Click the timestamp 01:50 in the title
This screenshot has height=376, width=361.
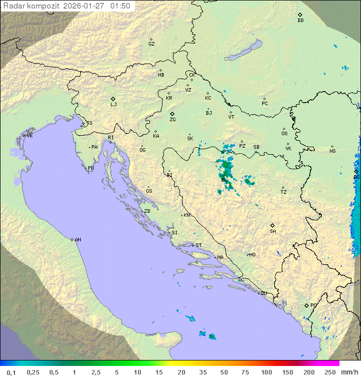coord(120,6)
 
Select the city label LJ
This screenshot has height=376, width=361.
coord(113,105)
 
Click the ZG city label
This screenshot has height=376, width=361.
coord(172,120)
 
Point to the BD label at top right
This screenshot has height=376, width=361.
coord(300,21)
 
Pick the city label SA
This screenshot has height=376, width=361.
coord(273,231)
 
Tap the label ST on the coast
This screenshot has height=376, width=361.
coord(199,245)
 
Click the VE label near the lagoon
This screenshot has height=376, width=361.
coord(30,136)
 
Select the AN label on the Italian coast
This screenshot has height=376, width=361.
coord(78,240)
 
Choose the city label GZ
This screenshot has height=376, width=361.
coord(151,44)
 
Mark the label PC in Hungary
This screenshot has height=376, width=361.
coord(265,104)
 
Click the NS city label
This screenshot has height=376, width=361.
coord(332,151)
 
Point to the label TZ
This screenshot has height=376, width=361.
coord(284,192)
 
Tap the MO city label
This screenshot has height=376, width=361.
coord(252,254)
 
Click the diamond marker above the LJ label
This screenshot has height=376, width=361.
coord(113,99)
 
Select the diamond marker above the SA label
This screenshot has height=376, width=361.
coord(273,225)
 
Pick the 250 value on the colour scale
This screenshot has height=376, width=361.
coord(329,372)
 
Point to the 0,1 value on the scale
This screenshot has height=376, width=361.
coord(11,372)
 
